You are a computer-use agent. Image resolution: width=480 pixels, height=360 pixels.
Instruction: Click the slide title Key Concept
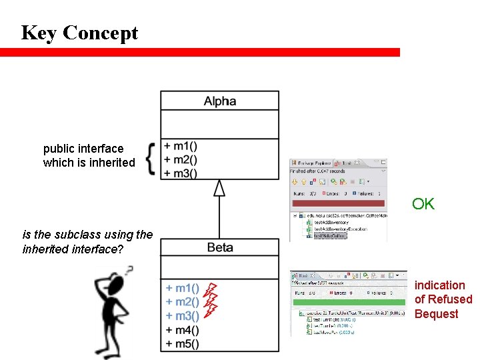click(x=79, y=32)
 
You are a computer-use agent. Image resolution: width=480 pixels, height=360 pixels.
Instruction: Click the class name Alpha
click(x=219, y=101)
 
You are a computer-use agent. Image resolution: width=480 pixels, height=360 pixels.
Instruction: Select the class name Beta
click(x=219, y=247)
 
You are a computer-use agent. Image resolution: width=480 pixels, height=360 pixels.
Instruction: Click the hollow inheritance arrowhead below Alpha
click(x=219, y=188)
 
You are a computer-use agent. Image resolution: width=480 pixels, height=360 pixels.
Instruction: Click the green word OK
click(x=423, y=204)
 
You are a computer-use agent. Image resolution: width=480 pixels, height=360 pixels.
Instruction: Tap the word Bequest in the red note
click(x=436, y=314)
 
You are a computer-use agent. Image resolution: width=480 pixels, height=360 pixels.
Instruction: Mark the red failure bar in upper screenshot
click(x=337, y=203)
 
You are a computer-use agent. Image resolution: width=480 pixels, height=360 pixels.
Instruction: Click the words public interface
click(x=83, y=149)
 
